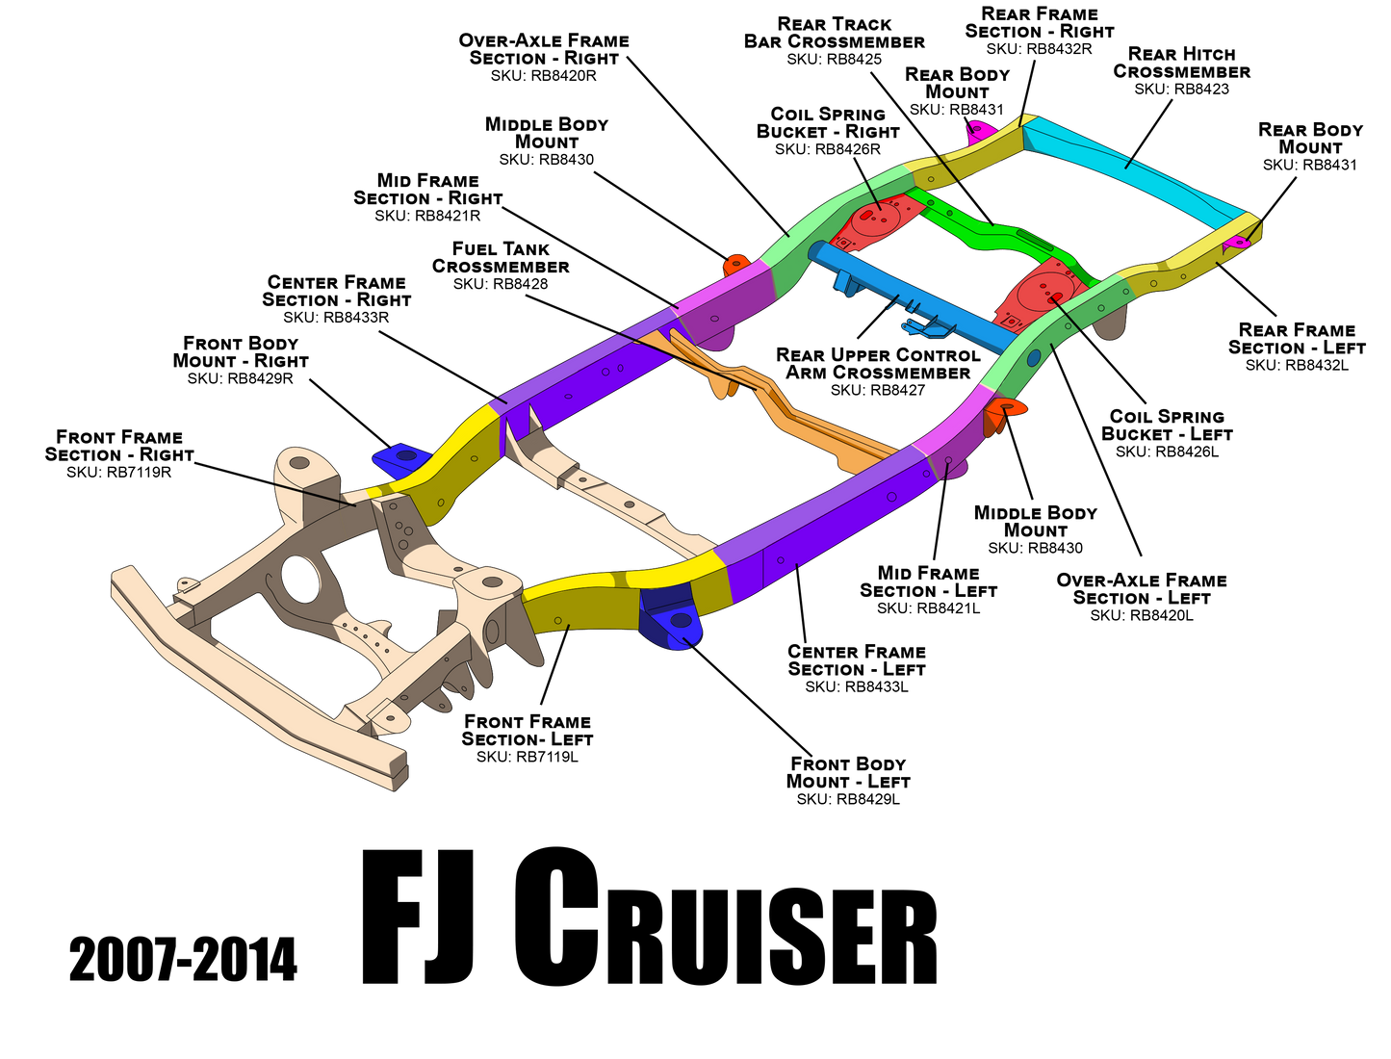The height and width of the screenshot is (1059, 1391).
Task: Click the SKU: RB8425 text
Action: (x=834, y=59)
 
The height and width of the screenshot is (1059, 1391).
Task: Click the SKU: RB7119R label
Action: (x=119, y=472)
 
